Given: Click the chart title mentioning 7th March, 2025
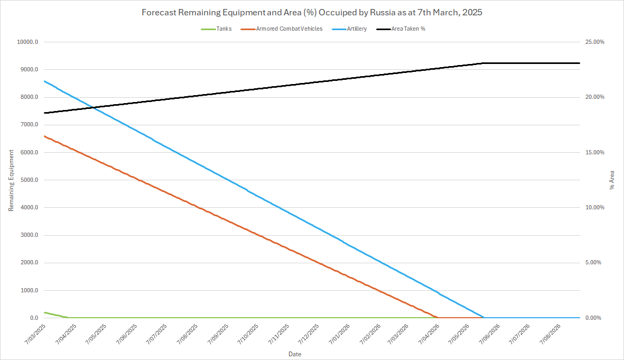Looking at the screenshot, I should click(x=312, y=12).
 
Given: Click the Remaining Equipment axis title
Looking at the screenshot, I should click(x=11, y=180).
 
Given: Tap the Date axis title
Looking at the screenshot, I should click(x=295, y=353).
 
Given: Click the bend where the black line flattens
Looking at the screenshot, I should click(x=482, y=63).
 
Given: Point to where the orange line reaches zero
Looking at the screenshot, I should click(x=436, y=318).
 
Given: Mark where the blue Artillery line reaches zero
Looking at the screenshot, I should click(x=484, y=318).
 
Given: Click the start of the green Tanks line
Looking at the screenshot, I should click(x=44, y=312).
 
